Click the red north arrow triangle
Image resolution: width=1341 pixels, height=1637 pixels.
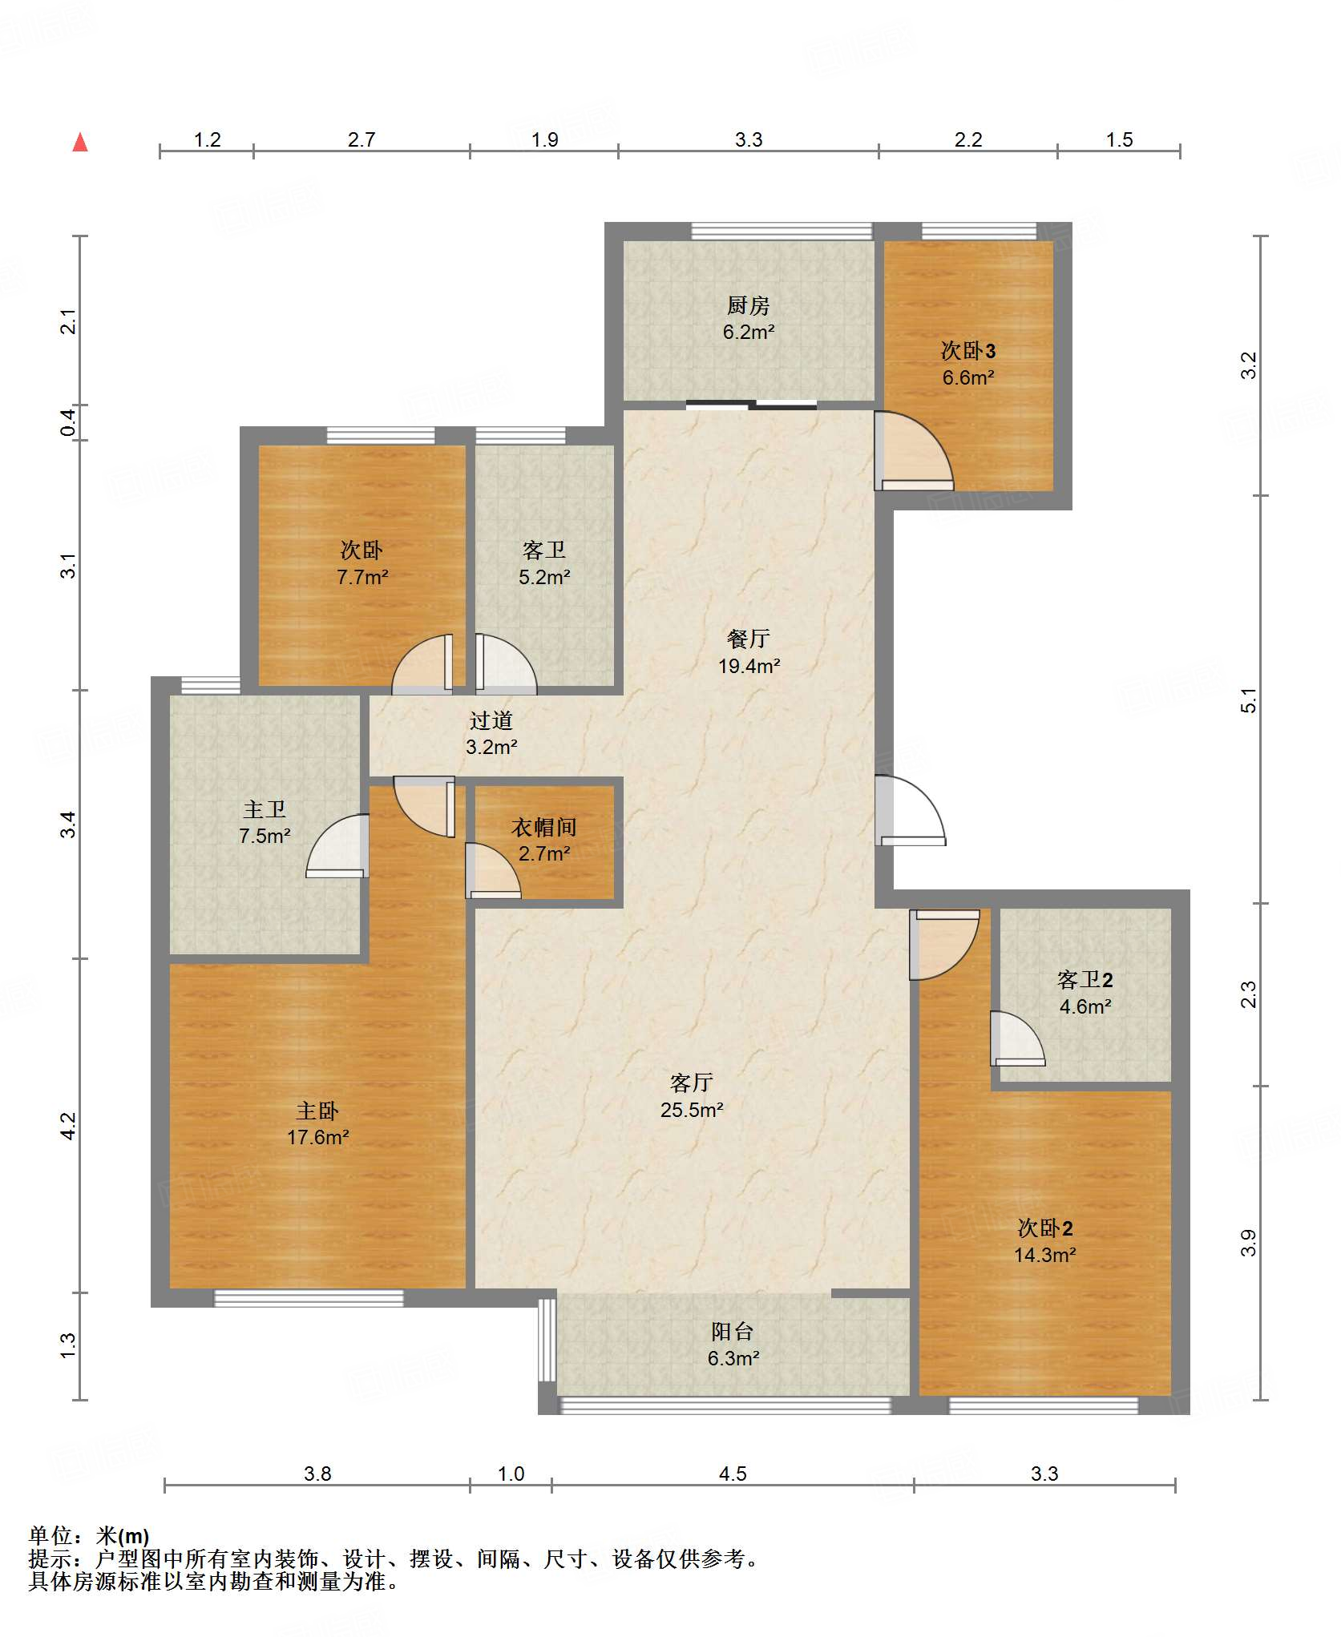(80, 143)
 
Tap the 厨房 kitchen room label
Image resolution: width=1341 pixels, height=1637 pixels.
(748, 305)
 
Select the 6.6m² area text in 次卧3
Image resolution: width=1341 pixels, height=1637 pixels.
(968, 377)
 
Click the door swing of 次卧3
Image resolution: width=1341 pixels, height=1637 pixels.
(914, 450)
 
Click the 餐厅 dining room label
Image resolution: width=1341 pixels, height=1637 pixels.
(748, 639)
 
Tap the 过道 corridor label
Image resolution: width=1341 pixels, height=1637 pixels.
(491, 720)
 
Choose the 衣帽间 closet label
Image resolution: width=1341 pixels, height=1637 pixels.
(544, 827)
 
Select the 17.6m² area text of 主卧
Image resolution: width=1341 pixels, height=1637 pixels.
(317, 1137)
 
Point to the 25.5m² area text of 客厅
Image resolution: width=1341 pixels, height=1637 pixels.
(692, 1110)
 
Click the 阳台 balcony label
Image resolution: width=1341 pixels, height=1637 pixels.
(733, 1331)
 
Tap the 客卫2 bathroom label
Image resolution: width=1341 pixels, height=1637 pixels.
(1085, 979)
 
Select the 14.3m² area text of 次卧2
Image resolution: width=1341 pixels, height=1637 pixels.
(1044, 1255)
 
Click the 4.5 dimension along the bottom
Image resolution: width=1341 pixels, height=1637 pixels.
(733, 1474)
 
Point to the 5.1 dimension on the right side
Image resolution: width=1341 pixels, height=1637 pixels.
(1249, 700)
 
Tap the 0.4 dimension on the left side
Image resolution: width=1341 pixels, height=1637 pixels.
(70, 423)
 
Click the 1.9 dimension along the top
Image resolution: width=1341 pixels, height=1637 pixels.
(544, 139)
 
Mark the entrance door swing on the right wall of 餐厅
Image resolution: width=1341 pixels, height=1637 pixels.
(910, 810)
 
